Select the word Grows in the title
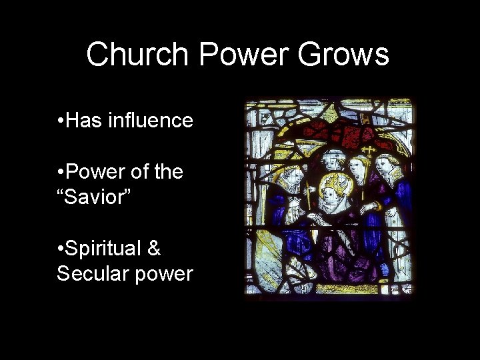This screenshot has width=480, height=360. coord(344,54)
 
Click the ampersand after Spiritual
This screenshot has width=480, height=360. coord(154,249)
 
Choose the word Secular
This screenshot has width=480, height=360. coord(93,273)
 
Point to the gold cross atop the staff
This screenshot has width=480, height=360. coord(368,151)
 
